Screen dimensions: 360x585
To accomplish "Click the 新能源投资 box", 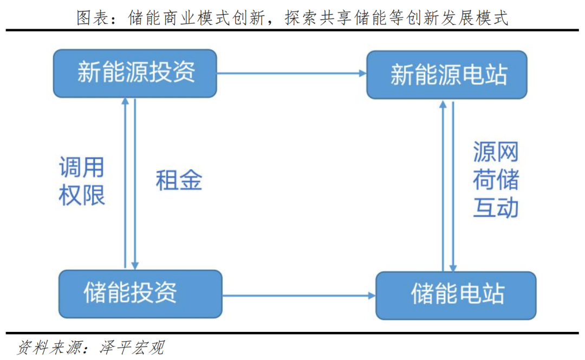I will click(135, 73).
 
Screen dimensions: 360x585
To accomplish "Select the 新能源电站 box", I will click(447, 75).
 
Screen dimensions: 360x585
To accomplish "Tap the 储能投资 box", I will click(140, 293).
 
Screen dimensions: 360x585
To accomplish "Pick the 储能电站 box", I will click(456, 295).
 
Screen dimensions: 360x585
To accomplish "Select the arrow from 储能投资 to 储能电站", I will click(298, 296).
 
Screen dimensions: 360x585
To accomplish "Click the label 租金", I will click(179, 180).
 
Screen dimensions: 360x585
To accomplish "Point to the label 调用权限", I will click(81, 181).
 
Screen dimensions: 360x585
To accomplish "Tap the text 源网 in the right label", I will click(495, 152).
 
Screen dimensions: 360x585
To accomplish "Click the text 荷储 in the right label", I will click(495, 180).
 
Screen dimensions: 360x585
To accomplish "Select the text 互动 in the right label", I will click(495, 208).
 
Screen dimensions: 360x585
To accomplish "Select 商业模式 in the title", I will click(199, 18).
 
